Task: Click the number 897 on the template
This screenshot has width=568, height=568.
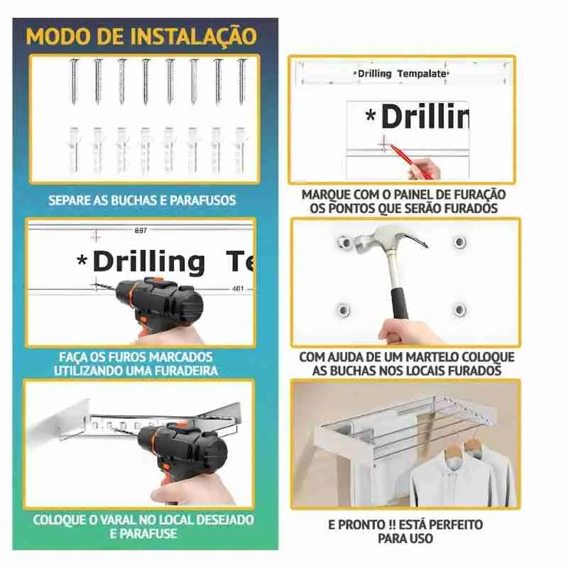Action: [x=141, y=231]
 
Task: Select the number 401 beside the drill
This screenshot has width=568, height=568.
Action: [x=238, y=289]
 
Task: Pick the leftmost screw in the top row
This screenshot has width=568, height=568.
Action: [x=73, y=81]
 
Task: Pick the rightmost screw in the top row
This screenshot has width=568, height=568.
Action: [x=241, y=81]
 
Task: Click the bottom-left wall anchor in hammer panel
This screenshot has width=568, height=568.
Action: [x=343, y=310]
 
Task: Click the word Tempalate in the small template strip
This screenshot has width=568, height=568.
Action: [x=424, y=74]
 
